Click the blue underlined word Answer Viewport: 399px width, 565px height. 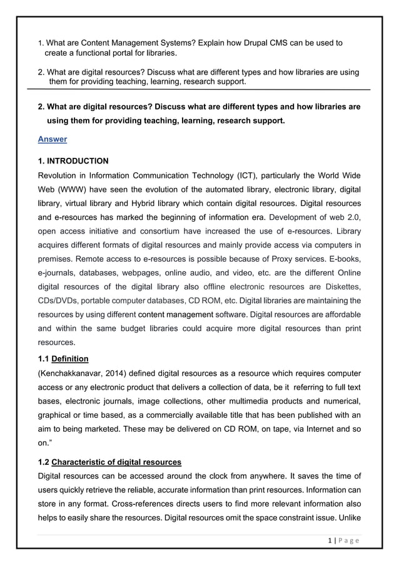tap(53, 139)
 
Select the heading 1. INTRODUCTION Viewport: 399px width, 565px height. tap(73, 161)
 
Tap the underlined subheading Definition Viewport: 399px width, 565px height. tap(70, 358)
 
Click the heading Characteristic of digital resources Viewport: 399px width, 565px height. tap(116, 462)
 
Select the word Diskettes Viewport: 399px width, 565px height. tap(342, 286)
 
